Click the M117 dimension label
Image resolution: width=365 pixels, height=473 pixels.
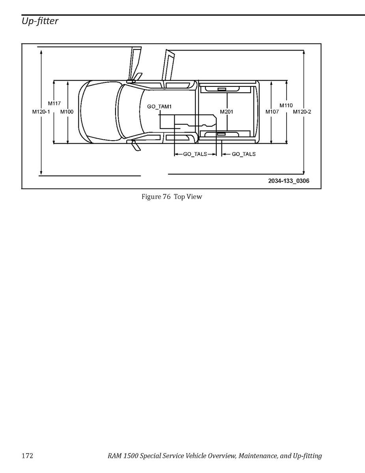pos(54,103)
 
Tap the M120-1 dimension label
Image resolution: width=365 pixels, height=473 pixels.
pos(41,112)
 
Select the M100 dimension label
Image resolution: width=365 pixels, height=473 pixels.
pos(67,112)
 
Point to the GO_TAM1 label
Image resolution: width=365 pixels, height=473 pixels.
pos(159,107)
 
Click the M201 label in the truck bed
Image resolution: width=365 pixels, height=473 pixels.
pos(227,112)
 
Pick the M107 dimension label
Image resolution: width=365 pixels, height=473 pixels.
pos(272,112)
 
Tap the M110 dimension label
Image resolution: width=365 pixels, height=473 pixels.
pos(286,105)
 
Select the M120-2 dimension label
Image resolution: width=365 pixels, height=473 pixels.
pos(302,112)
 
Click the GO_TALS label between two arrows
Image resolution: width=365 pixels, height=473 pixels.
pos(195,154)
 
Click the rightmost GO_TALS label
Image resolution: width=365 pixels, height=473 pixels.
pos(244,154)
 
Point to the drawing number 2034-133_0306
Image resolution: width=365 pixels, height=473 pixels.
pos(289,181)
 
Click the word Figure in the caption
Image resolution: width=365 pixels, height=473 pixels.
pos(151,197)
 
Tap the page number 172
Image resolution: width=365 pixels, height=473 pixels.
pos(27,456)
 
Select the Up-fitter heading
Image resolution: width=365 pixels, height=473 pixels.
pos(40,21)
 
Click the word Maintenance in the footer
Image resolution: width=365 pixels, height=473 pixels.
pos(257,456)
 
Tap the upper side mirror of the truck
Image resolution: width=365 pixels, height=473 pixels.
pos(131,81)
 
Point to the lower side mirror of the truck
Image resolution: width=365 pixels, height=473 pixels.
pos(130,141)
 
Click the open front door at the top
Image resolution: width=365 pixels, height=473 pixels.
pos(135,64)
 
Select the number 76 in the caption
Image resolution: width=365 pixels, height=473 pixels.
pos(167,197)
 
